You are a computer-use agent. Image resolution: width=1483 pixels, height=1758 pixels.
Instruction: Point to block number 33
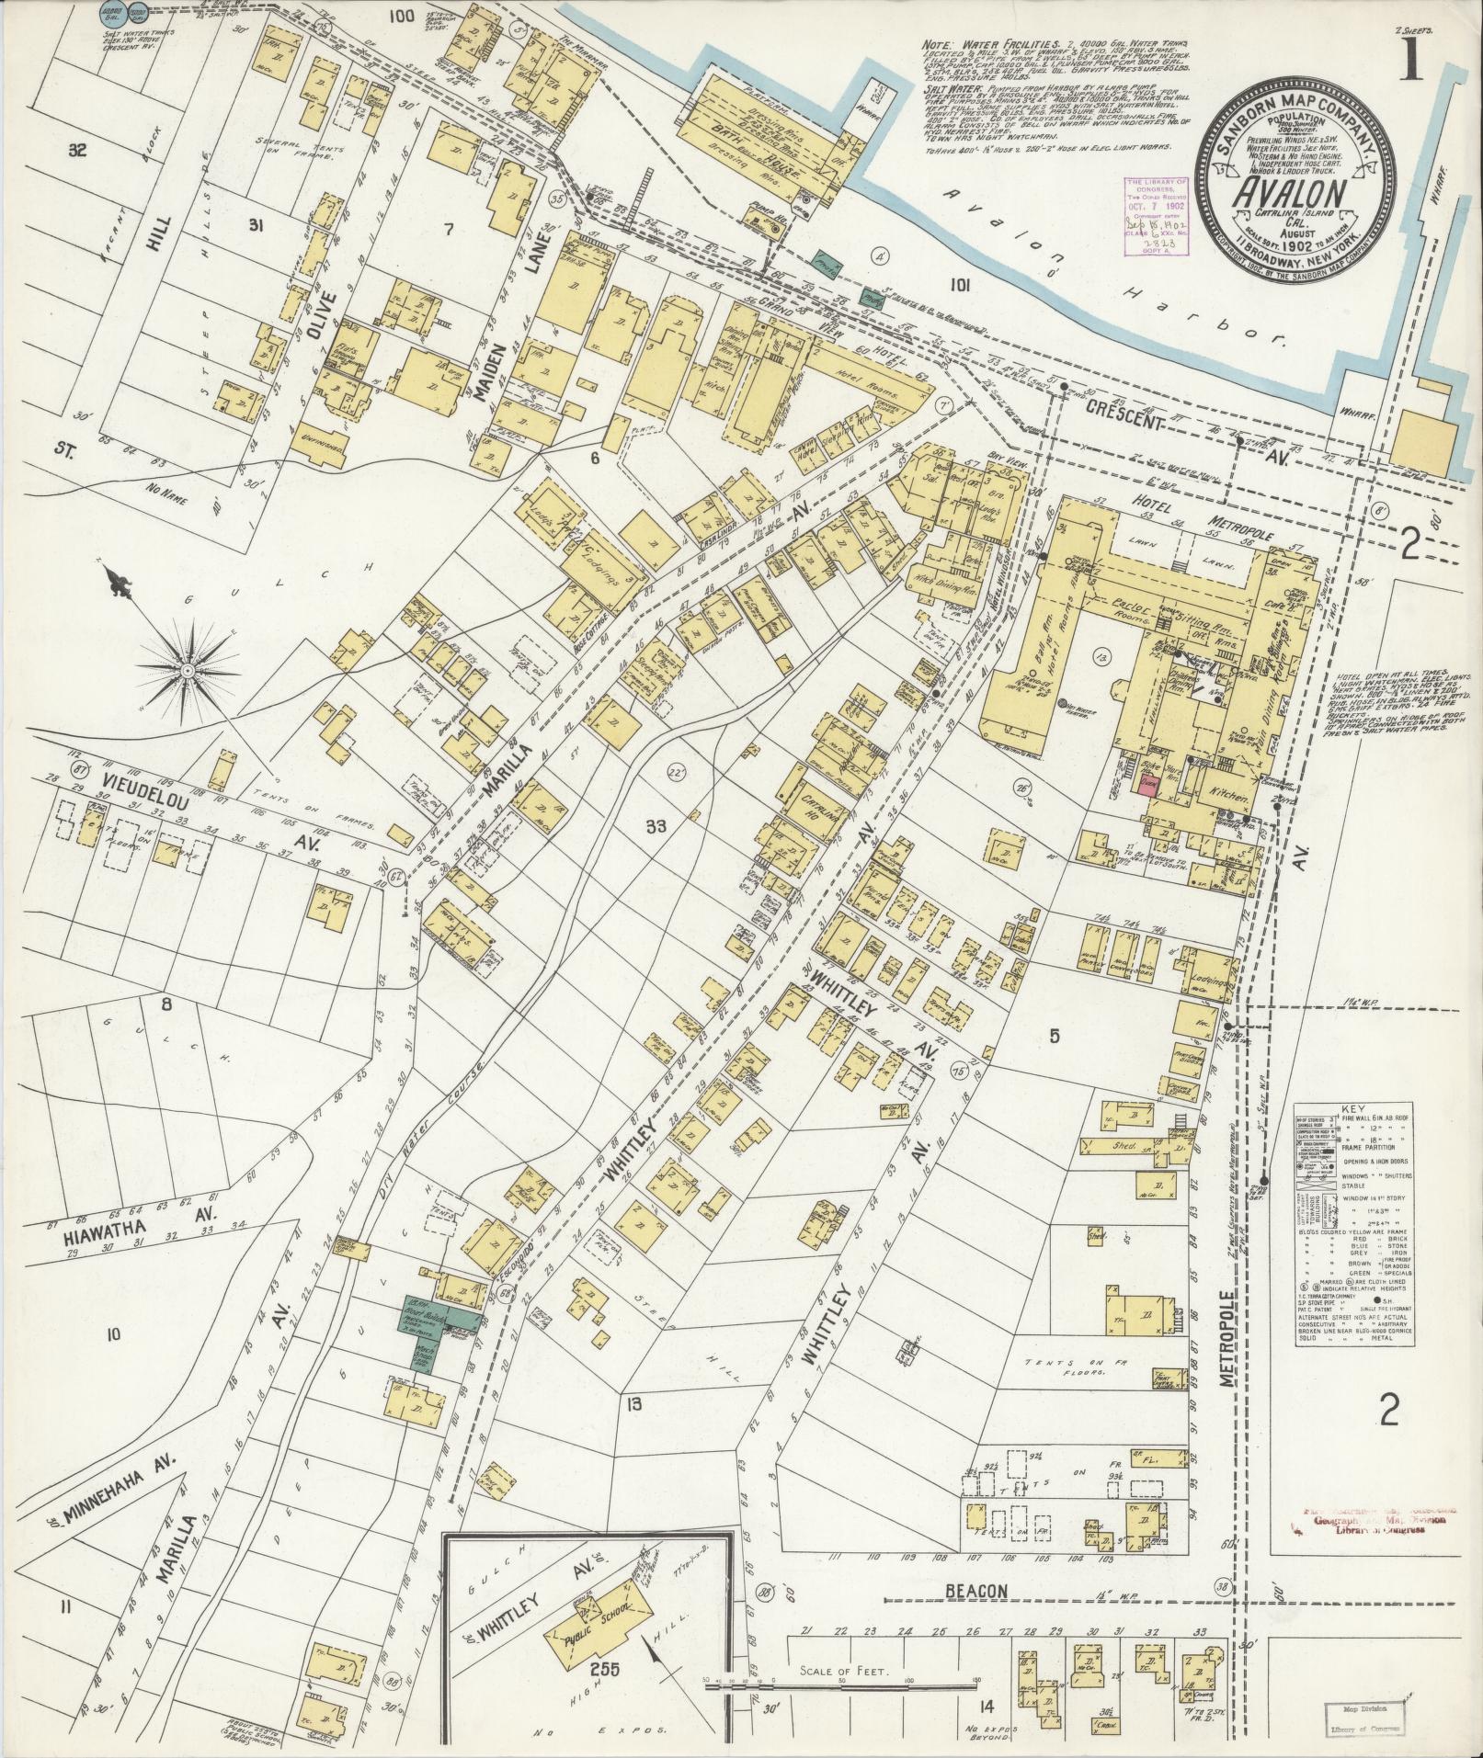point(655,825)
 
